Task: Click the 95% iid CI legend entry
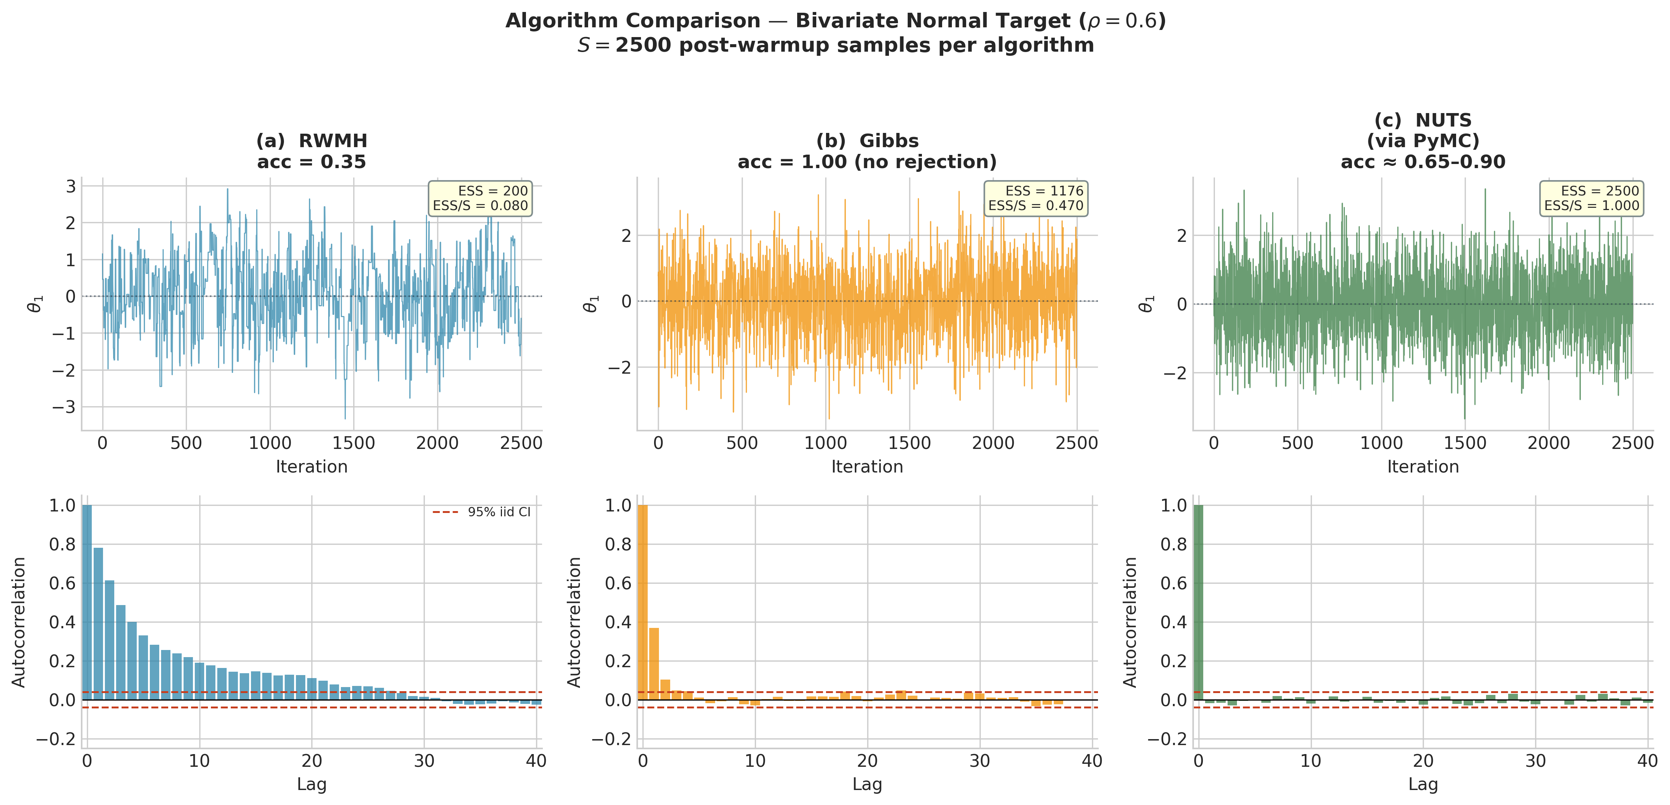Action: click(x=482, y=512)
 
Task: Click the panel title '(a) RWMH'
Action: click(x=312, y=141)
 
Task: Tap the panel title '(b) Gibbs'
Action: click(x=868, y=141)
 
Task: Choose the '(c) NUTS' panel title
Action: click(x=1423, y=121)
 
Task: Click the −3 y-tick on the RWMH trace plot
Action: click(x=64, y=407)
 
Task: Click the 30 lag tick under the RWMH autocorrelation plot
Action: click(x=424, y=761)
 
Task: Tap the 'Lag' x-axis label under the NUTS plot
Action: click(x=1423, y=784)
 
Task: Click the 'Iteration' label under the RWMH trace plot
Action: click(x=312, y=467)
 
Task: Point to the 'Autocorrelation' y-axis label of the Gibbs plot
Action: click(x=574, y=622)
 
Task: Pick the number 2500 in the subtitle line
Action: click(x=643, y=45)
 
